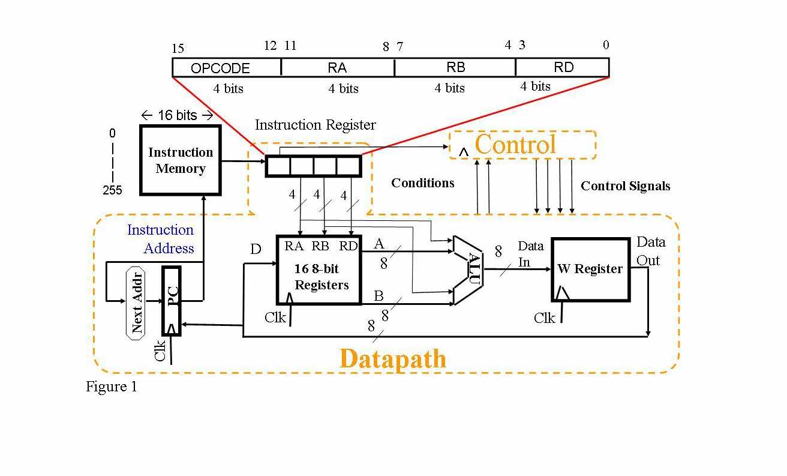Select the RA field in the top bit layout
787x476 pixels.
point(337,68)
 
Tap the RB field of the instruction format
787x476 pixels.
point(456,67)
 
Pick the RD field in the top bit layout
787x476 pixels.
point(563,67)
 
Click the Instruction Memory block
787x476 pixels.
point(181,160)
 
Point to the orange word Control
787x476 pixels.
point(515,145)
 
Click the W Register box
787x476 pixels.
point(590,269)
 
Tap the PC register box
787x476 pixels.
point(172,300)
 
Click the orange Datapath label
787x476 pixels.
point(392,359)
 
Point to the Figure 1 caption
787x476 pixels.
point(112,387)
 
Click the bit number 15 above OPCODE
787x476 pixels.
point(178,49)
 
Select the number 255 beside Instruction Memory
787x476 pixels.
point(112,190)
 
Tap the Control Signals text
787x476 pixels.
point(625,186)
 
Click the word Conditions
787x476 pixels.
point(423,183)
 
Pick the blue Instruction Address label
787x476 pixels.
point(160,239)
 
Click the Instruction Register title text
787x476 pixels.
point(315,125)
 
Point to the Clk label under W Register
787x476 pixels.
point(545,318)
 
